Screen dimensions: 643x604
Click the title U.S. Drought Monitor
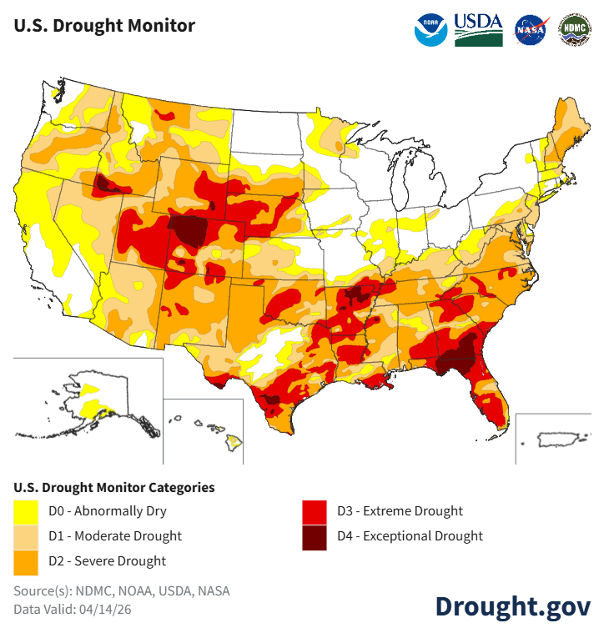(104, 26)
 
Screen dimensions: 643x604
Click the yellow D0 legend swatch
(27, 511)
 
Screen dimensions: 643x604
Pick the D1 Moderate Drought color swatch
(27, 536)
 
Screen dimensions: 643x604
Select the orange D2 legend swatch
(27, 561)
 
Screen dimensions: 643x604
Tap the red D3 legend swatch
(315, 511)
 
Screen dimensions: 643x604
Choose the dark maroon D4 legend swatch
(315, 536)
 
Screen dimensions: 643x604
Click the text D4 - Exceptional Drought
(410, 536)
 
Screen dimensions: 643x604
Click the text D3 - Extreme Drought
(400, 511)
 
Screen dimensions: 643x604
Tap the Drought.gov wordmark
(512, 606)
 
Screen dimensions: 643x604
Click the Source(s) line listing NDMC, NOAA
(121, 591)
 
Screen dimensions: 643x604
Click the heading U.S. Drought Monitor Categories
(114, 487)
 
